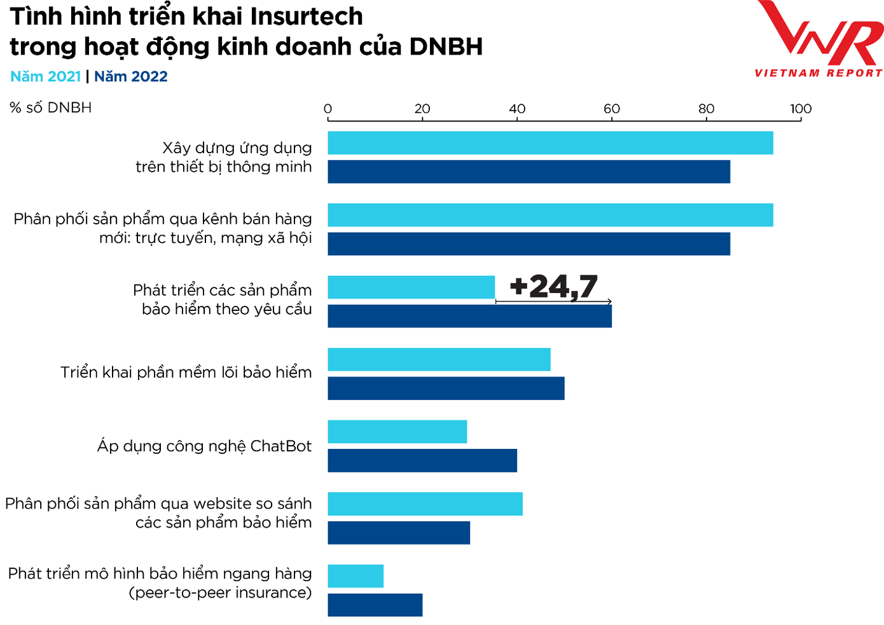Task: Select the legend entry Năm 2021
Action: click(x=45, y=76)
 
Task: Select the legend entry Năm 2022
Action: click(x=131, y=76)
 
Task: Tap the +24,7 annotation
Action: click(x=553, y=286)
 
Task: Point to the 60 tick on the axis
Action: click(x=612, y=109)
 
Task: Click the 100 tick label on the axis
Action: click(x=801, y=109)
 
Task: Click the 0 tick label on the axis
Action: click(x=328, y=109)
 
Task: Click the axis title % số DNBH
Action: click(x=51, y=107)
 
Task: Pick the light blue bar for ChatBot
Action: click(x=397, y=432)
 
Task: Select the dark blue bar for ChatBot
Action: click(x=422, y=460)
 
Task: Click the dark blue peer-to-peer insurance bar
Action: click(x=375, y=605)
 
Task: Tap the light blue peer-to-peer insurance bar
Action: click(x=356, y=576)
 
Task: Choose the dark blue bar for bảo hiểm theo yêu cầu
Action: click(x=469, y=316)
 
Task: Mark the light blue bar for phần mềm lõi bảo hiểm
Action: click(x=439, y=359)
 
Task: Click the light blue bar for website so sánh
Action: click(x=425, y=504)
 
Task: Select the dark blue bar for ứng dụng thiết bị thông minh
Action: click(x=528, y=172)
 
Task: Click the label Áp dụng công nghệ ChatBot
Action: click(x=204, y=446)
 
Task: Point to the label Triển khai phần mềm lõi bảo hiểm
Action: click(x=186, y=372)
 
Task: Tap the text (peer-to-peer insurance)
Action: click(x=220, y=593)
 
